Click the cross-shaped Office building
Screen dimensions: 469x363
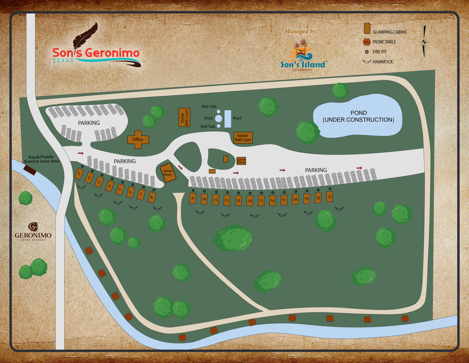tap(138, 140)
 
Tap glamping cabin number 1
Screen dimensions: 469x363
tap(79, 174)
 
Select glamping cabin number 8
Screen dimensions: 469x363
tap(152, 197)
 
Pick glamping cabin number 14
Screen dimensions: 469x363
tap(250, 201)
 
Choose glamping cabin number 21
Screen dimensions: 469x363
tap(330, 197)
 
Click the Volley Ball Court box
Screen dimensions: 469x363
tap(184, 117)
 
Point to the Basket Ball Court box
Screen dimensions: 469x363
tap(243, 138)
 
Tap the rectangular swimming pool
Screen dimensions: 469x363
tap(228, 119)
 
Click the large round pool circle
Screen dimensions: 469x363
tap(219, 118)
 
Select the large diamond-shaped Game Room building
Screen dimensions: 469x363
tap(168, 173)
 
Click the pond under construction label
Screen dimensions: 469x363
tap(358, 116)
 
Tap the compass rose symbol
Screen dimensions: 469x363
tap(424, 41)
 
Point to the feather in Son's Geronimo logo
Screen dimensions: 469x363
tap(85, 35)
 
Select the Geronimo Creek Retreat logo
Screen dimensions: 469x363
tap(33, 232)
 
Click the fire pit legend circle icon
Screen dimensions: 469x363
tap(367, 52)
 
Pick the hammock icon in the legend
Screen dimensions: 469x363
tap(366, 61)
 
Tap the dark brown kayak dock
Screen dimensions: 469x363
tap(30, 170)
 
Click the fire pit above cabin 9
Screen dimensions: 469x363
tap(193, 190)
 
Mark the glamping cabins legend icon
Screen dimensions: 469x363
tap(367, 29)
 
